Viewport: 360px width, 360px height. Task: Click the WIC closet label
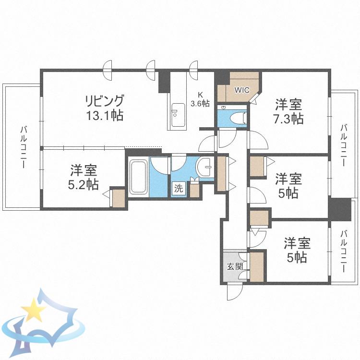(x=242, y=90)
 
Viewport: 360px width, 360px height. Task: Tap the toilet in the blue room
(x=238, y=118)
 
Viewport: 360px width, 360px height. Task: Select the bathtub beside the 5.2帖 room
(x=138, y=177)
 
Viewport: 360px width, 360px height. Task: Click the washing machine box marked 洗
(x=179, y=189)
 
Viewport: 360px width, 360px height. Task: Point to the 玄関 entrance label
(x=235, y=267)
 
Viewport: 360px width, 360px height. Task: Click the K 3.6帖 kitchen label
(x=200, y=99)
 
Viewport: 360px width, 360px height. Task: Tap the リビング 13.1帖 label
(x=105, y=108)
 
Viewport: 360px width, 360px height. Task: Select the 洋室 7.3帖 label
(x=288, y=111)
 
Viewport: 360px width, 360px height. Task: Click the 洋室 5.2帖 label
(x=84, y=177)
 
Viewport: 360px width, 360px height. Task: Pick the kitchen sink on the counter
(x=178, y=115)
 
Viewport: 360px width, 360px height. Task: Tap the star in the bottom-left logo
(x=34, y=310)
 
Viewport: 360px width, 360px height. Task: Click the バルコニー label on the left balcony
(x=24, y=147)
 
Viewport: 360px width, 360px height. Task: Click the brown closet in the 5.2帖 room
(x=119, y=198)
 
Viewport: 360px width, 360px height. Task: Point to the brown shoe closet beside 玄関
(x=256, y=267)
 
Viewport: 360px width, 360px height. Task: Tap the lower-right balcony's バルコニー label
(x=344, y=251)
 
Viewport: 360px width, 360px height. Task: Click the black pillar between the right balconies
(x=340, y=209)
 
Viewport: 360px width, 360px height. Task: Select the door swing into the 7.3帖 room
(x=257, y=140)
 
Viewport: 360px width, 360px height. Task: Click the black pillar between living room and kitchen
(x=164, y=82)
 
